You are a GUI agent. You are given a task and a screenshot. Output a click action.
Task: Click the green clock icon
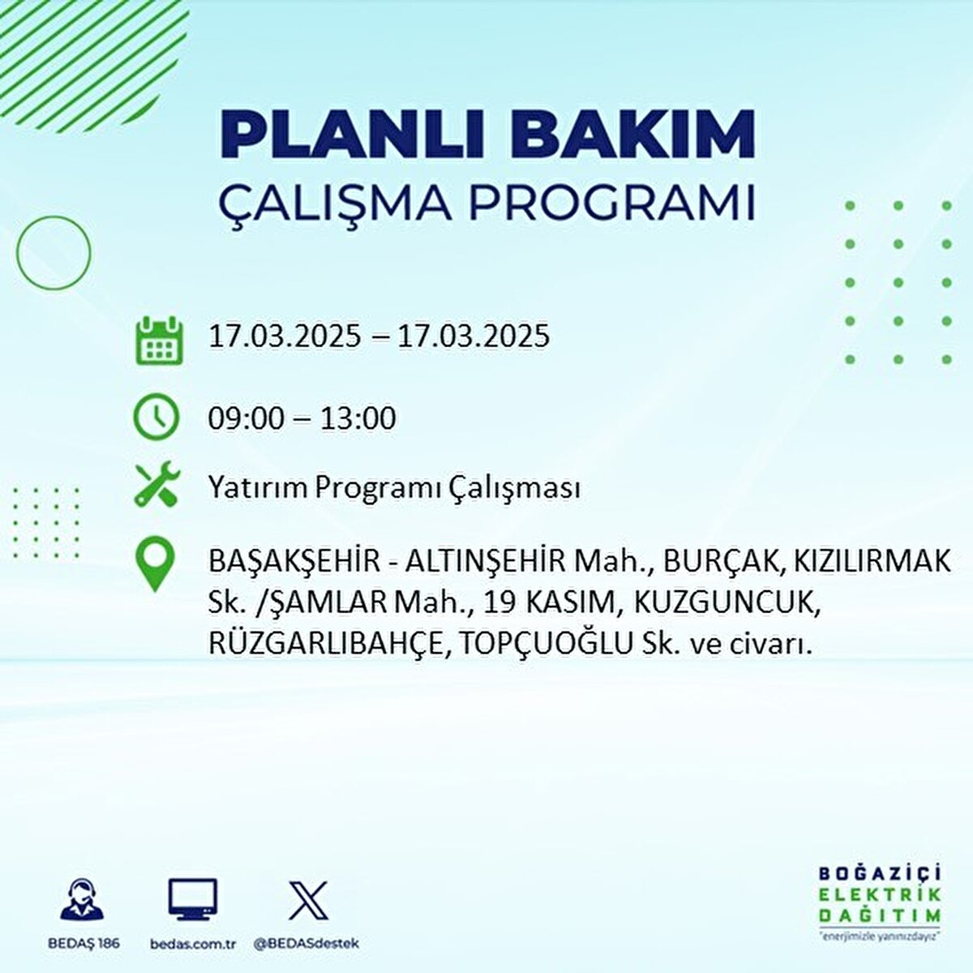coord(156,417)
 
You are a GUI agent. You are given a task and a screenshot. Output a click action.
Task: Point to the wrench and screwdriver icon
coord(156,485)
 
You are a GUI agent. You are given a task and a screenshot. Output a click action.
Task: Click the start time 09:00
coord(246,418)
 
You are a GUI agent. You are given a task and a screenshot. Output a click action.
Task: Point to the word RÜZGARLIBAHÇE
coord(327,645)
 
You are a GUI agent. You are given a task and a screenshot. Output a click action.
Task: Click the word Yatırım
coord(258,488)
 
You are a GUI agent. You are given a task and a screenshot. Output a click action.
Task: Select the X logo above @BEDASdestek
coord(308,900)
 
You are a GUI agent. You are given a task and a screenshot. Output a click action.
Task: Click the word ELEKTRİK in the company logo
coord(880,895)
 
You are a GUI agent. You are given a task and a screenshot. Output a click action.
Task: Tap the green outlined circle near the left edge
coord(54,253)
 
